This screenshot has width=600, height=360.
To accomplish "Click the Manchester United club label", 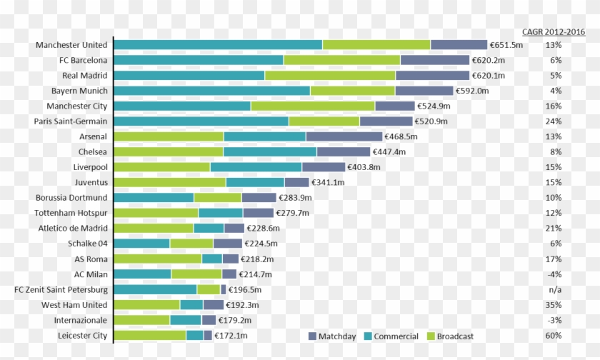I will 71,45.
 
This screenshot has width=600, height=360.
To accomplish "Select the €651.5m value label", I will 506,45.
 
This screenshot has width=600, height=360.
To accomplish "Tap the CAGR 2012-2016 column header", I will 553,32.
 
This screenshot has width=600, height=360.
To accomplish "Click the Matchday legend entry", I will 332,336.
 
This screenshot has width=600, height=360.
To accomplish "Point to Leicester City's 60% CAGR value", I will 553,336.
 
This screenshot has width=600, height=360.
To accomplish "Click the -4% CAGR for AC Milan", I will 553,274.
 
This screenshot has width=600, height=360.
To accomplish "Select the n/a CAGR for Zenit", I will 553,290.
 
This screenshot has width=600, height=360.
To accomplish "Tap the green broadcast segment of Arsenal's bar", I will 169,136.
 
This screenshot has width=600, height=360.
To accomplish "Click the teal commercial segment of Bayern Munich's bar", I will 211,91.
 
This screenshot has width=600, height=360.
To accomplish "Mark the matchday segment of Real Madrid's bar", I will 432,75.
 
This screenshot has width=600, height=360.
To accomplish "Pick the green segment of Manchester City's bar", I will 312,106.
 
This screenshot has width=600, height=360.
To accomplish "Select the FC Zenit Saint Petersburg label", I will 61,290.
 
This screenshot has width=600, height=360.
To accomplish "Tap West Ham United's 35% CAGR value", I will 553,305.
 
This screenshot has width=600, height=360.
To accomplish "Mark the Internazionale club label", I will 80,320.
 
